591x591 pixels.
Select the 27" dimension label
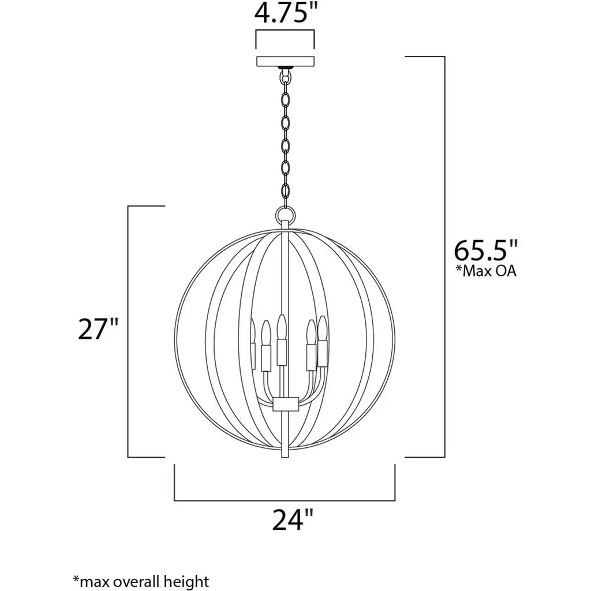click(x=98, y=328)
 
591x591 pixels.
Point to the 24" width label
click(x=293, y=519)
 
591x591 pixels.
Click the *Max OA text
click(x=485, y=271)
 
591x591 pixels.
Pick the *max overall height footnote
click(x=140, y=581)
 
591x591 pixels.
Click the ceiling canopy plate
click(x=285, y=61)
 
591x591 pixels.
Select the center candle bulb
click(x=281, y=327)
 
